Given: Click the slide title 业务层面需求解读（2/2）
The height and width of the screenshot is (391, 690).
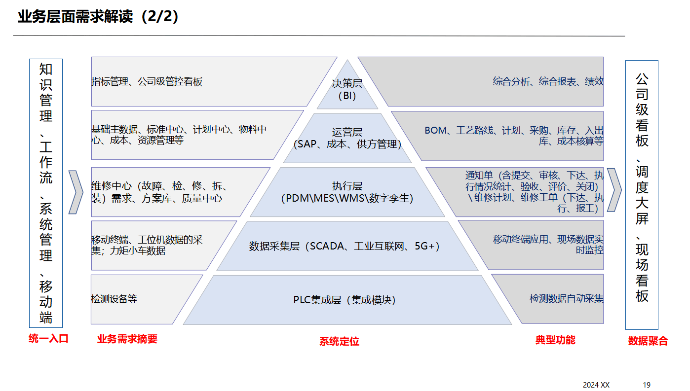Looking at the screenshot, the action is click(x=99, y=17).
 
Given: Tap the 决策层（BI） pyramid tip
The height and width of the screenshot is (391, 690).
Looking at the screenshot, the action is click(x=347, y=89).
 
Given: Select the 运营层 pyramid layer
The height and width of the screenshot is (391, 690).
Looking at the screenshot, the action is click(x=347, y=139).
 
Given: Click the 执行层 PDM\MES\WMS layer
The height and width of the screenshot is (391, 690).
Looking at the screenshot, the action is click(x=347, y=192).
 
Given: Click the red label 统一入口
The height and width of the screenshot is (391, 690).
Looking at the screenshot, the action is click(x=48, y=339).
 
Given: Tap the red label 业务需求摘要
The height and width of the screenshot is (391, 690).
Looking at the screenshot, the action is click(x=127, y=339).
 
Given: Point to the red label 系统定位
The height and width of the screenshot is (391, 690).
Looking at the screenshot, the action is click(x=339, y=341).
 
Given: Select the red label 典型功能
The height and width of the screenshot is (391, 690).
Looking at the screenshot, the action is click(x=555, y=340).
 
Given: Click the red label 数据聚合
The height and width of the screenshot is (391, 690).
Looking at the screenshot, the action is click(x=648, y=341).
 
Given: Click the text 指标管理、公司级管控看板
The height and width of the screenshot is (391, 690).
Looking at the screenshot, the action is click(x=147, y=82).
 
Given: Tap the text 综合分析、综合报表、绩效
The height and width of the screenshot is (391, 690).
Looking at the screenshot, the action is click(x=548, y=81).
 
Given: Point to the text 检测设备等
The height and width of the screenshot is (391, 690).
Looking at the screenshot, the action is click(x=114, y=299).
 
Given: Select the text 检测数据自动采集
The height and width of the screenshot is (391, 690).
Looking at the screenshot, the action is click(x=566, y=298).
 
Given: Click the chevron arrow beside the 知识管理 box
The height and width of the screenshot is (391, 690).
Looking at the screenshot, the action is click(x=76, y=192).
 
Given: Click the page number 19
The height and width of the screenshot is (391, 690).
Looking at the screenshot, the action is click(x=647, y=385).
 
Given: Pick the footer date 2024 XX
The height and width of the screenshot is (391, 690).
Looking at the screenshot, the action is click(x=596, y=385).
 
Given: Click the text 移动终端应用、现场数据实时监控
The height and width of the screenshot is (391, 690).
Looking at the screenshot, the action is click(x=548, y=245).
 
